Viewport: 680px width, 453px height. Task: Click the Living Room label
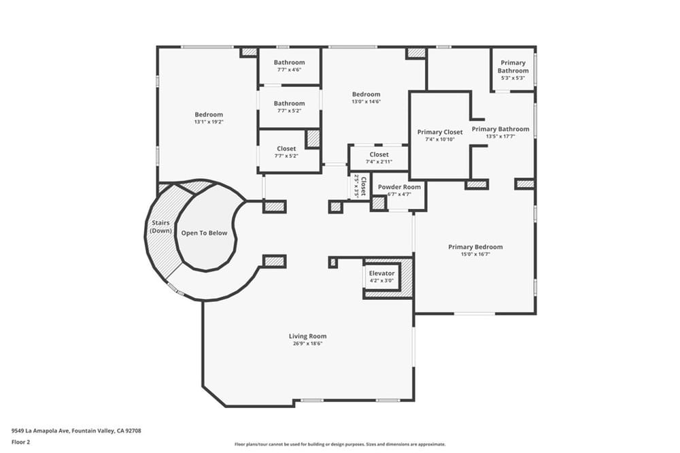(x=307, y=336)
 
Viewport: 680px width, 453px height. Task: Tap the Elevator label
(x=381, y=273)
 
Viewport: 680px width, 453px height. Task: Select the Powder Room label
(x=399, y=187)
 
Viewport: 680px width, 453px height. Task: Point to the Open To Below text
(x=204, y=233)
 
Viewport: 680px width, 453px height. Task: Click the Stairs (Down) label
(x=160, y=227)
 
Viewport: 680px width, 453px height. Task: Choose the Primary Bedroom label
(x=475, y=247)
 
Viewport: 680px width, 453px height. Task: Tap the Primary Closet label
(x=440, y=132)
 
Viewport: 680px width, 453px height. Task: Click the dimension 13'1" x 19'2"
(x=209, y=122)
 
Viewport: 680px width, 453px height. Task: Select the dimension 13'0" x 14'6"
(x=366, y=101)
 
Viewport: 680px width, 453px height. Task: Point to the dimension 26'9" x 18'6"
(x=307, y=343)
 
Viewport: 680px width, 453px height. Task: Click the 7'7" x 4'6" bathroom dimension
(x=289, y=69)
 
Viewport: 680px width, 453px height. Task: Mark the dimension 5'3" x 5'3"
(x=513, y=78)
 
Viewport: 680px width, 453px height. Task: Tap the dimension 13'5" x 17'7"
(x=500, y=136)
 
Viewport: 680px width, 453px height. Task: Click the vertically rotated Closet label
(x=363, y=186)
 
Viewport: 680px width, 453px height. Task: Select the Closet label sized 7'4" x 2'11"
(x=379, y=154)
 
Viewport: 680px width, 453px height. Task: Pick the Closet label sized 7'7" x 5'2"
(x=286, y=148)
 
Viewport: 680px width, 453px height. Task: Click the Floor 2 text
(x=21, y=442)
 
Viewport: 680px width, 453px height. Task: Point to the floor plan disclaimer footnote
(x=340, y=444)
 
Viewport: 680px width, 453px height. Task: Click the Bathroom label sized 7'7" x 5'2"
(x=289, y=103)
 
